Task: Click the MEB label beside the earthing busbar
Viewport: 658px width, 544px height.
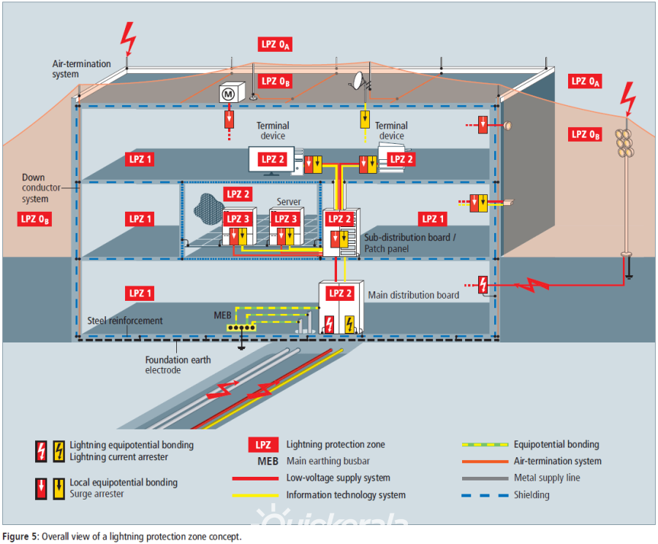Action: point(222,315)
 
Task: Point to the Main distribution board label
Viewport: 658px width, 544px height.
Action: point(413,295)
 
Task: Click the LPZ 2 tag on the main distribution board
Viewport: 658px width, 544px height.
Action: point(337,293)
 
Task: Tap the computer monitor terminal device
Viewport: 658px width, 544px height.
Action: point(271,160)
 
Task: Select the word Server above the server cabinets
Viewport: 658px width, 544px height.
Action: point(289,202)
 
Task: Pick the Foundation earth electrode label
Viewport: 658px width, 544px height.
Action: point(178,364)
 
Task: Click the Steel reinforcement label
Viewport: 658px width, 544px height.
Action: point(125,320)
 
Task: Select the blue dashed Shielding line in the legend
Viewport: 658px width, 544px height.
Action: point(484,495)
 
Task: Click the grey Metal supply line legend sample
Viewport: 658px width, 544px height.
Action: point(484,478)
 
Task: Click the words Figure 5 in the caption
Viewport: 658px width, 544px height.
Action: point(20,537)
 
